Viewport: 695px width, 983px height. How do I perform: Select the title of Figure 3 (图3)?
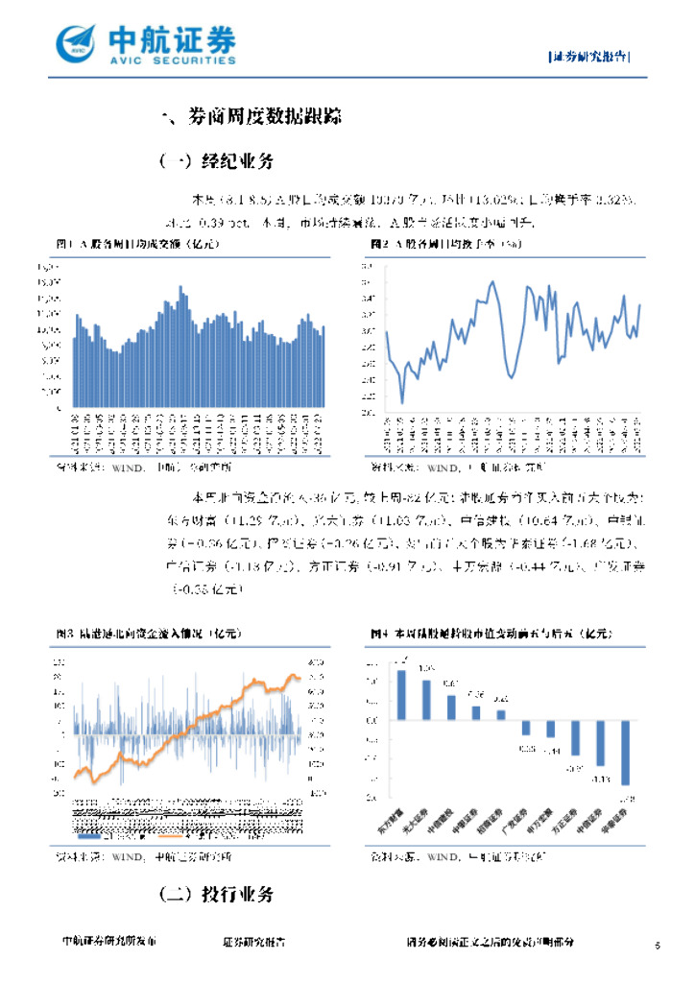click(x=148, y=634)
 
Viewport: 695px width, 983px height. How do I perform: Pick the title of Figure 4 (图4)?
click(x=490, y=634)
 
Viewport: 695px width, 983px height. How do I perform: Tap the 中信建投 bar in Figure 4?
click(x=451, y=707)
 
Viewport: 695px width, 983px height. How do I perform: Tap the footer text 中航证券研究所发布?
click(x=108, y=943)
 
